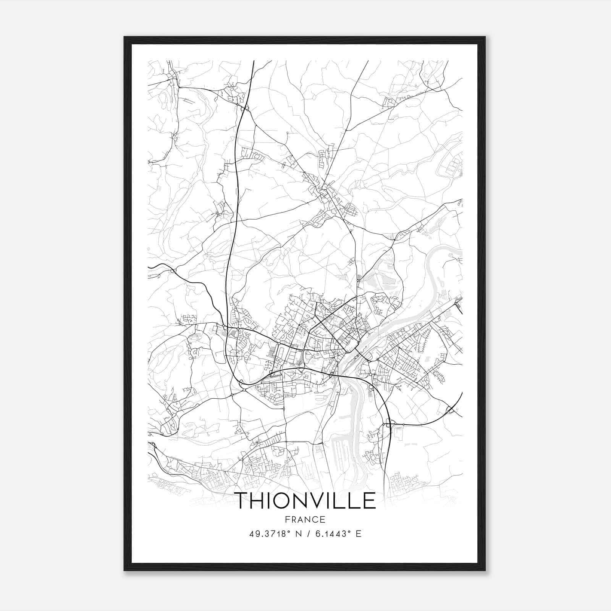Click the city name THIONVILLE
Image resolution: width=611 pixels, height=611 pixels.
point(305,501)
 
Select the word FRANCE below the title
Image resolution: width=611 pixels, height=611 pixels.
point(305,519)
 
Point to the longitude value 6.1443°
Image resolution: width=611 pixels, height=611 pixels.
point(331,534)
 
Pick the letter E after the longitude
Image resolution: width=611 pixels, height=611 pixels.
point(358,534)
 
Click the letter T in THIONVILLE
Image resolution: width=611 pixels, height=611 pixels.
point(242,501)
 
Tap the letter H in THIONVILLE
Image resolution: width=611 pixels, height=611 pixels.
point(260,501)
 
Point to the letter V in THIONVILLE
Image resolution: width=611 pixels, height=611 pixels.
point(323,501)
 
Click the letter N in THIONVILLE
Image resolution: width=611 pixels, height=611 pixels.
point(304,501)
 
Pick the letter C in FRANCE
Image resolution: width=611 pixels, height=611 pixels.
point(315,519)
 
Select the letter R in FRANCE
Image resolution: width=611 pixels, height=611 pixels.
point(293,519)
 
